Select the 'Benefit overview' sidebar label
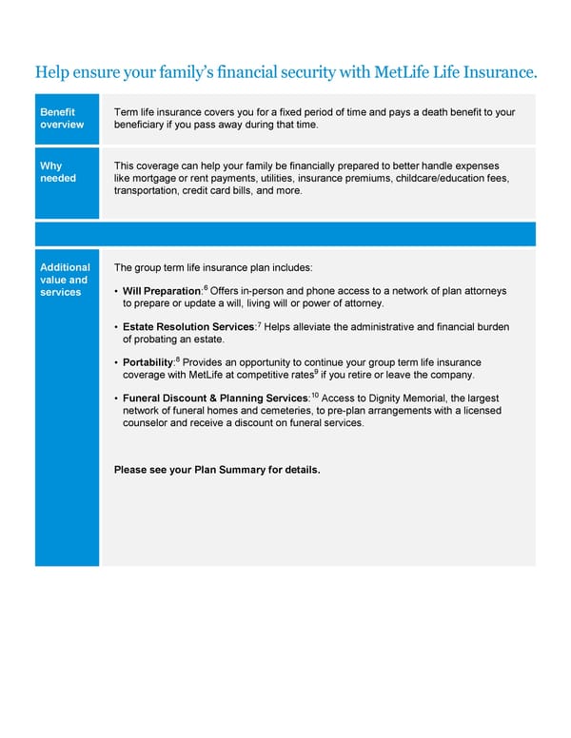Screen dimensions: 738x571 (61, 118)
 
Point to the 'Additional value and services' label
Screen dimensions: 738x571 (65, 280)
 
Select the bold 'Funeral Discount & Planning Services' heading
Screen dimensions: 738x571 (215, 398)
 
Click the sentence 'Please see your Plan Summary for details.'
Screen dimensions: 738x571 (217, 470)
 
